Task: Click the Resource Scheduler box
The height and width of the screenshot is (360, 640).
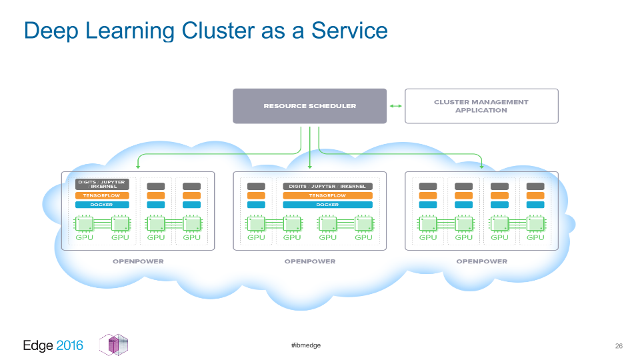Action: point(309,106)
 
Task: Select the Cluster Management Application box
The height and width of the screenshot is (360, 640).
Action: point(481,106)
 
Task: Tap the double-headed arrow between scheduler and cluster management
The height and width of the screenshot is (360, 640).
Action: point(395,106)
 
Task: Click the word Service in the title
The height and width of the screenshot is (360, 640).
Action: point(349,31)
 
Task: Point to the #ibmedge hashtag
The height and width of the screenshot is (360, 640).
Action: point(306,345)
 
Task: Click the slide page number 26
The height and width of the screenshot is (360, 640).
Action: point(619,346)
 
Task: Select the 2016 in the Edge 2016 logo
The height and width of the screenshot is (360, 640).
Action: point(69,346)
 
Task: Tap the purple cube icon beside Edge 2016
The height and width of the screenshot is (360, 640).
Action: point(114,345)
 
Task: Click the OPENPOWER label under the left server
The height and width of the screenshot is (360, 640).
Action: point(138,261)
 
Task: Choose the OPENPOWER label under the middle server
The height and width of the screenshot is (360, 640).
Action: point(310,261)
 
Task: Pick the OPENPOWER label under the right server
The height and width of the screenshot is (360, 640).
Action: point(481,261)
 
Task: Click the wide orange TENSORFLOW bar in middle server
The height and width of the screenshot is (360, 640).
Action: point(327,195)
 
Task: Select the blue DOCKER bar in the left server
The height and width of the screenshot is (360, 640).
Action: point(102,205)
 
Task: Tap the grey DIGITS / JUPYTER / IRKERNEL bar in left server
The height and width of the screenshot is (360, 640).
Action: point(102,185)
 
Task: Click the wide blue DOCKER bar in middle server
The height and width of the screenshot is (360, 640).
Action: point(327,205)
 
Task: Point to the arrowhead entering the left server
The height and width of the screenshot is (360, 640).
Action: point(138,167)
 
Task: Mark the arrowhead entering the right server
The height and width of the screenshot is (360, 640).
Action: point(481,167)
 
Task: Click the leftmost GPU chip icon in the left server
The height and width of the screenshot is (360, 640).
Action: point(84,224)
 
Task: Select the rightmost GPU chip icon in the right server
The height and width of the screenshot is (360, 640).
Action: point(535,224)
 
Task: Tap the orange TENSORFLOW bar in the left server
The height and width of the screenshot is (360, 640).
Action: point(102,195)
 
